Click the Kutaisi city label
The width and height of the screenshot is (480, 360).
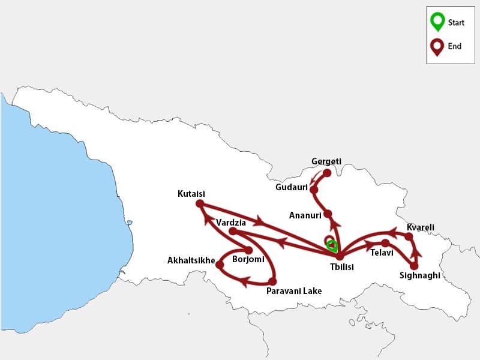coord(191,194)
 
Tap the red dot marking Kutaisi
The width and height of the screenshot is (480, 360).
coord(200,203)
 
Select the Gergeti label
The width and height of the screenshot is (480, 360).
coord(326,161)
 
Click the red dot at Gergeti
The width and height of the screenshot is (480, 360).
coord(327,173)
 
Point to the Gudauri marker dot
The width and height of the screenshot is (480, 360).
coord(314,189)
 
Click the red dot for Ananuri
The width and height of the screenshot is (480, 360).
coord(328,214)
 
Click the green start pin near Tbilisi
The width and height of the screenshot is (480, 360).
coord(331,245)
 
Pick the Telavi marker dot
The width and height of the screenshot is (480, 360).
coord(385,242)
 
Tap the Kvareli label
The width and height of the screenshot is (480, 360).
coord(420,227)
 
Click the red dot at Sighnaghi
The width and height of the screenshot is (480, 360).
coord(414,265)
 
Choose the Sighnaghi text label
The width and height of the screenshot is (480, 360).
coord(419,276)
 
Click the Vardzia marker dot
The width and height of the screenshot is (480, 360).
coord(233,231)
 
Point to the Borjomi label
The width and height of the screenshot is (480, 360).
coord(248,260)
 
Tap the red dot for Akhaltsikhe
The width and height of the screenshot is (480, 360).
coord(219,264)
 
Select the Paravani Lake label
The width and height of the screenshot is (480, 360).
coord(293,291)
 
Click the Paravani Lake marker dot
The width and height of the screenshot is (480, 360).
coord(272,281)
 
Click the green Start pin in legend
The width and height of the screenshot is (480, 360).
coord(437,22)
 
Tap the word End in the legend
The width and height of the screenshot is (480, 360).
coord(455,46)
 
